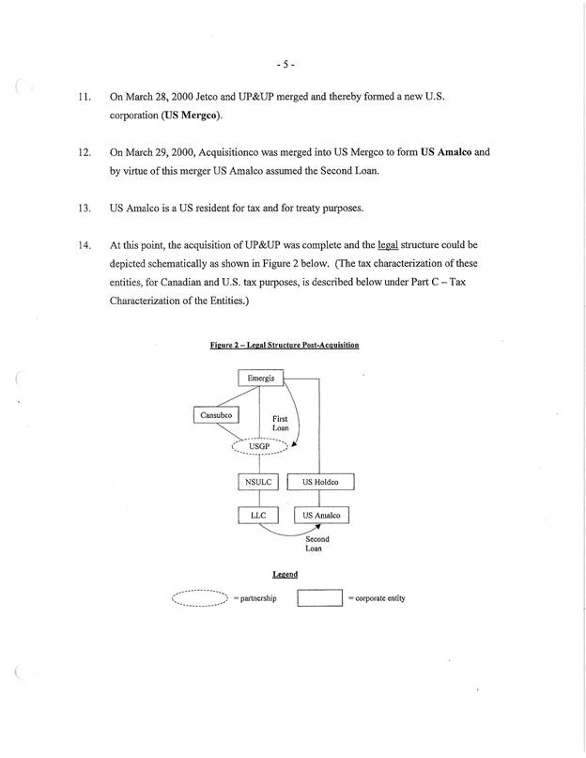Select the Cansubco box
216,414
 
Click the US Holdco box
320,483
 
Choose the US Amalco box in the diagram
321,516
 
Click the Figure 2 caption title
285,346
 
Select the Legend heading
285,574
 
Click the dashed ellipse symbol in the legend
201,598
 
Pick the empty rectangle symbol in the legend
318,598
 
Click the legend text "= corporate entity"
377,598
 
